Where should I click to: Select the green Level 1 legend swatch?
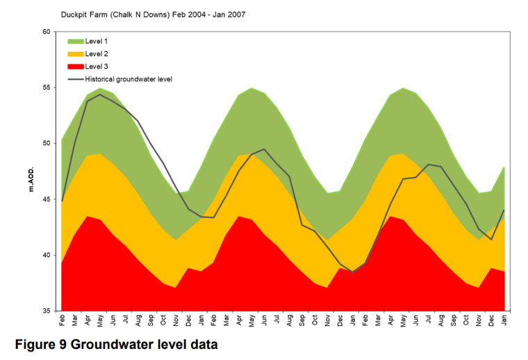(75, 42)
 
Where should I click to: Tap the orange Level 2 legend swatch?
(75, 54)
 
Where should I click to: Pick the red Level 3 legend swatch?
(75, 67)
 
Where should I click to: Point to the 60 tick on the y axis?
(47, 32)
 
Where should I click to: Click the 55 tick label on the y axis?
(47, 88)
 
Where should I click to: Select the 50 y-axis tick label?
(47, 143)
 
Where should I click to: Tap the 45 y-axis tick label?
(47, 199)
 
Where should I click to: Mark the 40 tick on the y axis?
(47, 255)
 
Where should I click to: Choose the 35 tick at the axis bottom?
(47, 311)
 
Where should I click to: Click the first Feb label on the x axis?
(63, 322)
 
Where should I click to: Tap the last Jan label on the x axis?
(504, 322)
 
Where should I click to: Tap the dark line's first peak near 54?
(100, 95)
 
